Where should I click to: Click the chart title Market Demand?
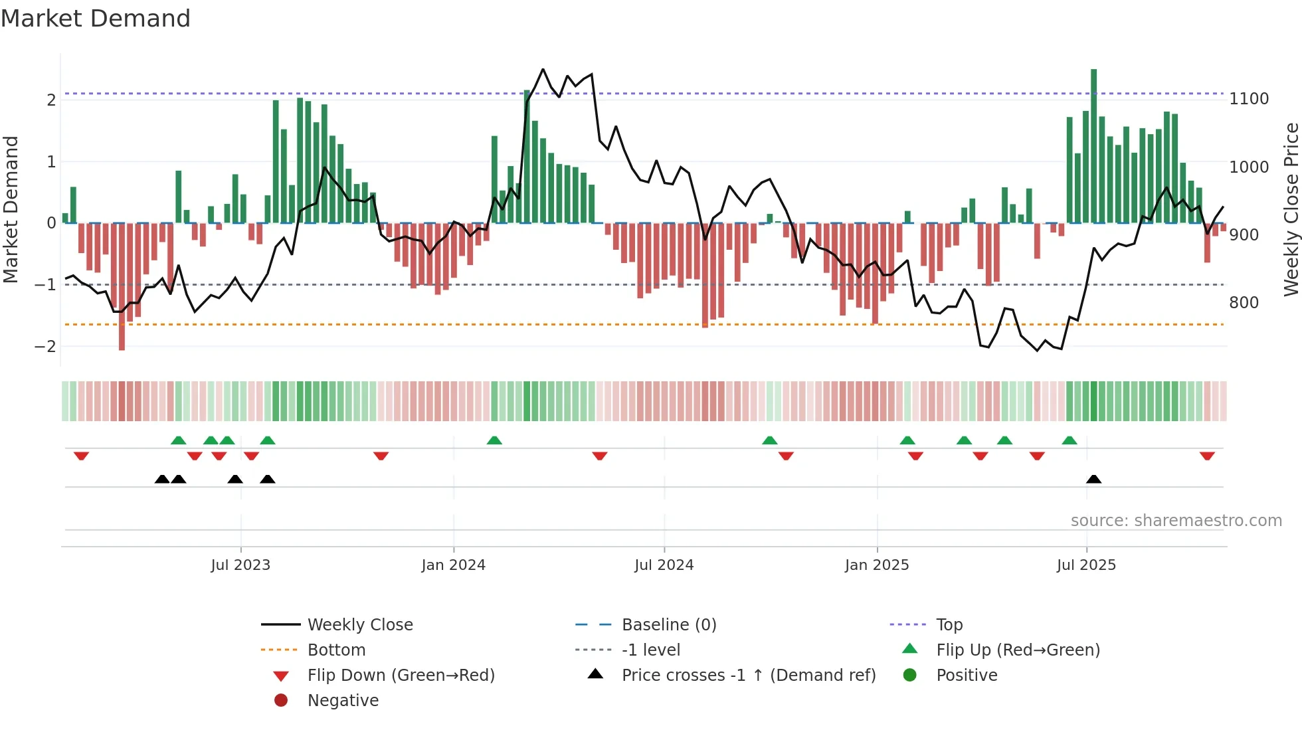click(x=96, y=19)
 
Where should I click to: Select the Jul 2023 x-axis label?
click(x=240, y=565)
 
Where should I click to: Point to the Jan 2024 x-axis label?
click(x=453, y=565)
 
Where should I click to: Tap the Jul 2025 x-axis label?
click(x=1086, y=565)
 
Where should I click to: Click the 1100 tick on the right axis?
click(x=1249, y=99)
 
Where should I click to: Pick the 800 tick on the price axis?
click(x=1244, y=303)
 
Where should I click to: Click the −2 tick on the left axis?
click(x=46, y=347)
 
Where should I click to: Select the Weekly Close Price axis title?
click(x=1291, y=209)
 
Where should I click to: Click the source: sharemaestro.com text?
click(x=1176, y=521)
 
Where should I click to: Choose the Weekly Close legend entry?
click(x=359, y=625)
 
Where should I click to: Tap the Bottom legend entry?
click(x=336, y=650)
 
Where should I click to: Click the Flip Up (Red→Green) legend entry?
click(x=1018, y=650)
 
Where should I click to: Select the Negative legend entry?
click(x=343, y=701)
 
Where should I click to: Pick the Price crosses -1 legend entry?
click(x=748, y=676)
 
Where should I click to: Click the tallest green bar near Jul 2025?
click(x=1093, y=146)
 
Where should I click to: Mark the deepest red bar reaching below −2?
click(x=122, y=286)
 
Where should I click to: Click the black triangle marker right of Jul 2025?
click(x=1093, y=479)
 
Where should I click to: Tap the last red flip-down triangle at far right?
click(x=1207, y=456)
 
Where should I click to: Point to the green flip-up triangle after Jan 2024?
click(x=494, y=440)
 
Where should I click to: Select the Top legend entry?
click(x=949, y=625)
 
